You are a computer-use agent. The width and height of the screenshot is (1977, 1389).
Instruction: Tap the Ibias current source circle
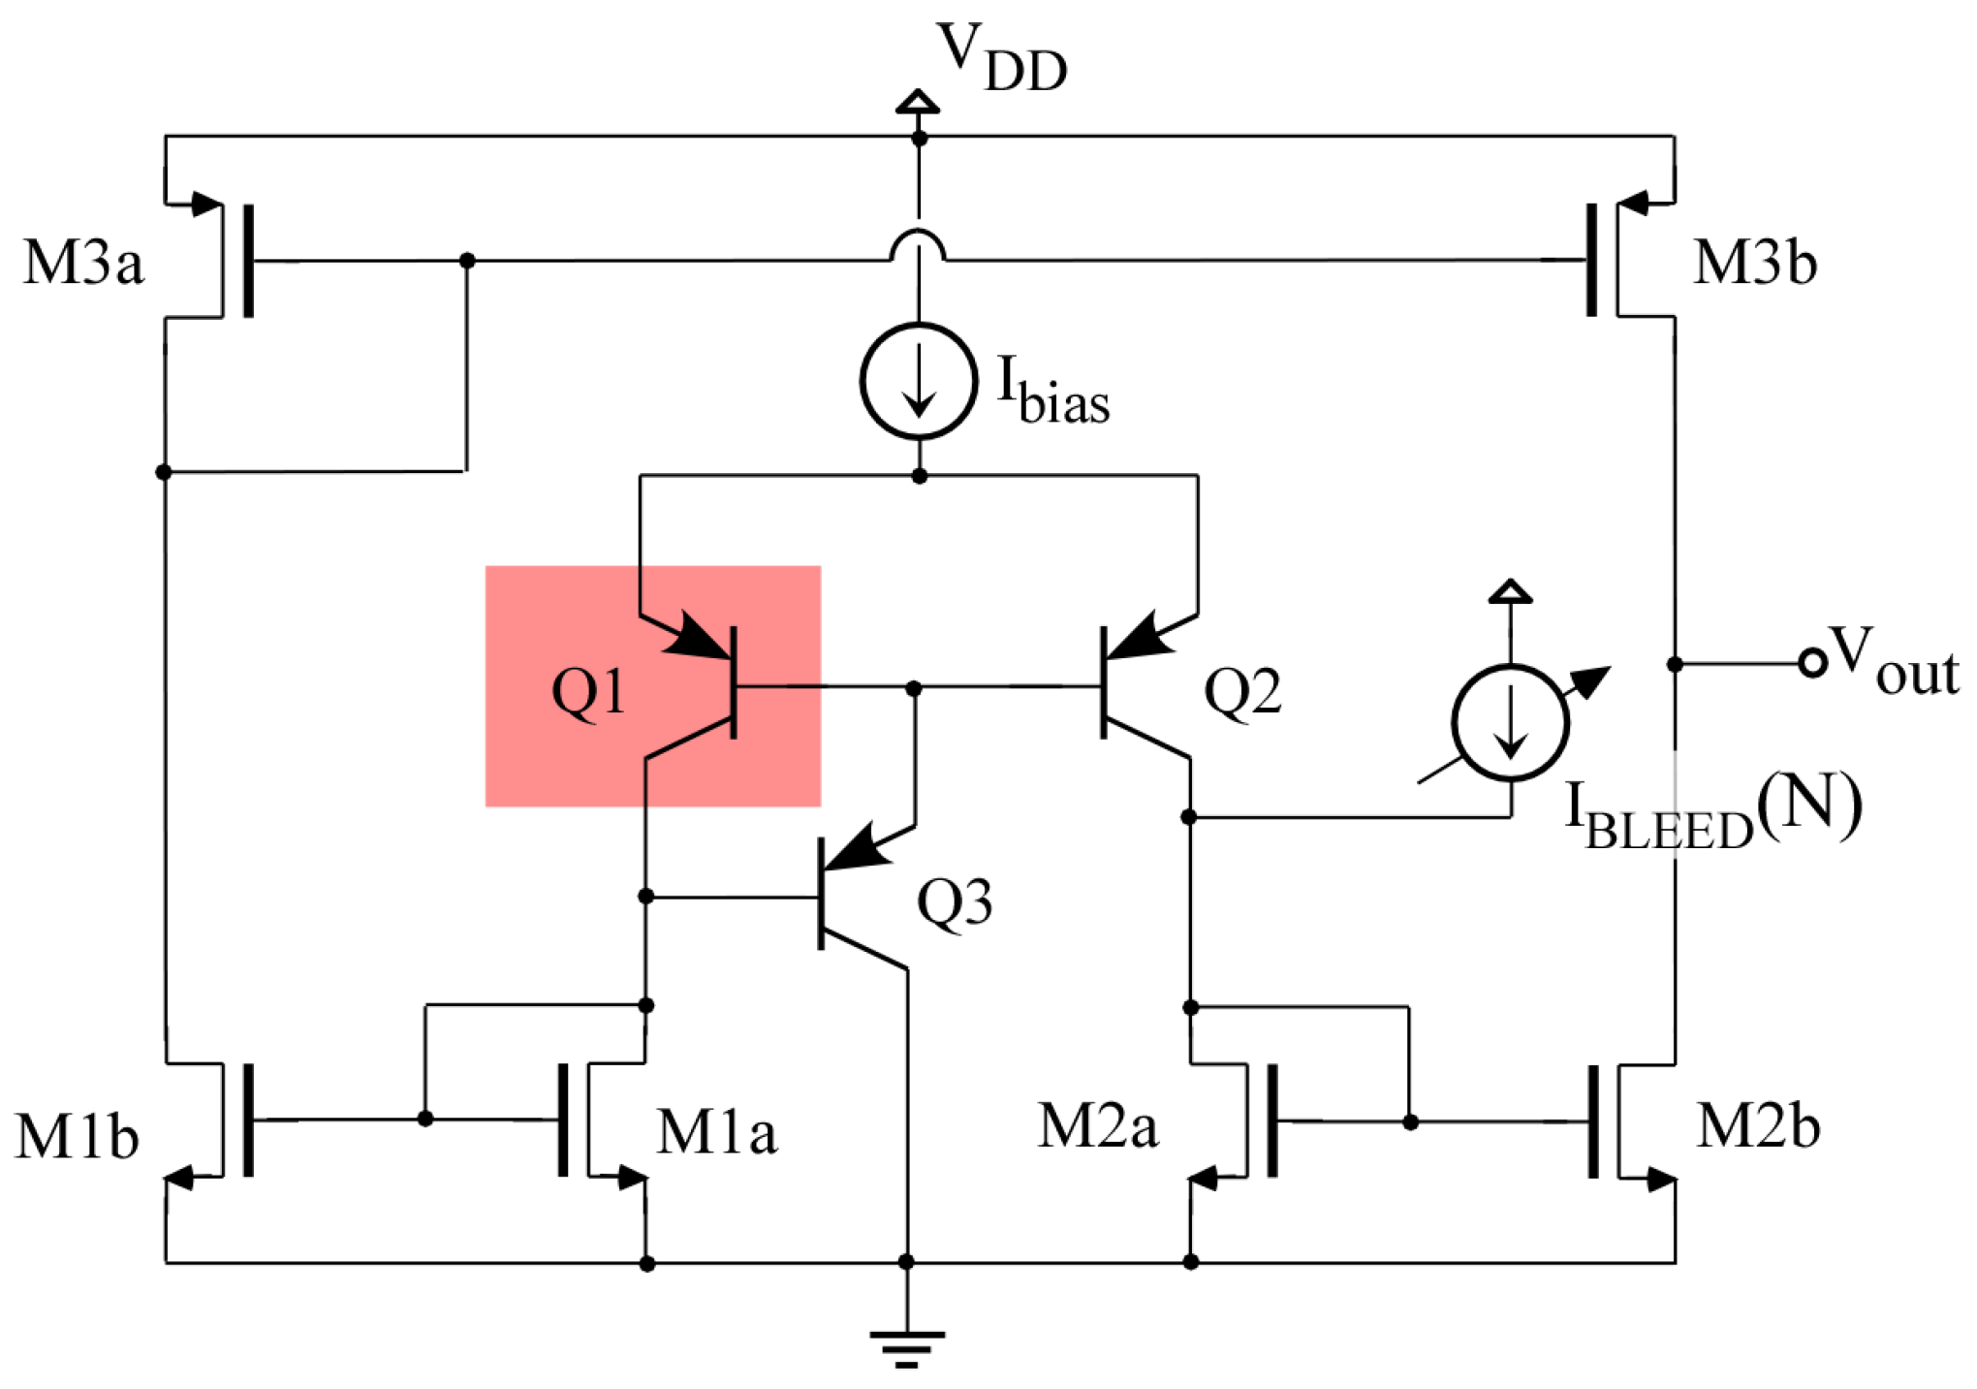(x=918, y=381)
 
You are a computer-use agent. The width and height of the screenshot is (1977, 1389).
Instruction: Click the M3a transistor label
(x=83, y=262)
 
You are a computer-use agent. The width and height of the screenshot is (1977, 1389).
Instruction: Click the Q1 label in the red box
(x=587, y=692)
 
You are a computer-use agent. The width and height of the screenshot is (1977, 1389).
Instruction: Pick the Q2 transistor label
(x=1242, y=692)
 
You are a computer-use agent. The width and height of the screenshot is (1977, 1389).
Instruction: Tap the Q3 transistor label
(x=955, y=902)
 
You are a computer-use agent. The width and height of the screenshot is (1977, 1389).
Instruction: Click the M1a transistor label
(x=716, y=1131)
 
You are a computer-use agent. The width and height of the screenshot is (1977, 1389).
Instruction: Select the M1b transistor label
(x=78, y=1136)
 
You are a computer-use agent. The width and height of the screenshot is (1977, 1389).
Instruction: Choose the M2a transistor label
(x=1097, y=1126)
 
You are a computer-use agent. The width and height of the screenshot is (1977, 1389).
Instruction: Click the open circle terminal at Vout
(x=1811, y=663)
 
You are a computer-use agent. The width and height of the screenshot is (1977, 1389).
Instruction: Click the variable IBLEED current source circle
(x=1510, y=723)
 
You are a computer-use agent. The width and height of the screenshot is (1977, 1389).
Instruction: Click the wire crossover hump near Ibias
(x=918, y=246)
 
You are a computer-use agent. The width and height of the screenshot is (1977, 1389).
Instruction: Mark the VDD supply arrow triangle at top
(x=917, y=101)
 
